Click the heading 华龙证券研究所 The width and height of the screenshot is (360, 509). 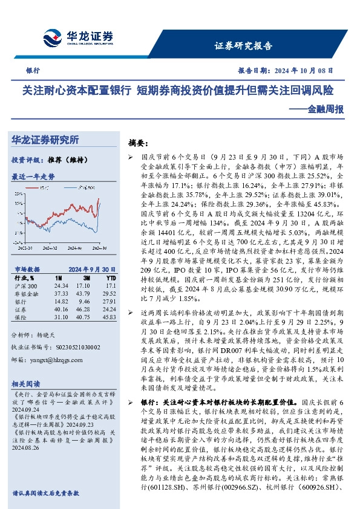coord(45,140)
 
